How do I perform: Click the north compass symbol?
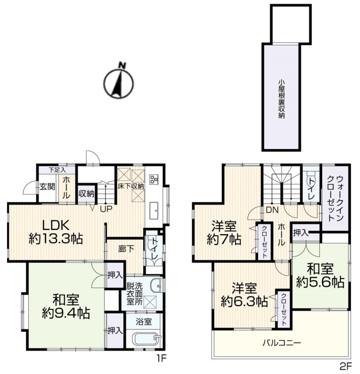click(119, 82)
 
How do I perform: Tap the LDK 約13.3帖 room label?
click(56, 232)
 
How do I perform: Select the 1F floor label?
click(161, 358)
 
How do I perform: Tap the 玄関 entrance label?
click(48, 187)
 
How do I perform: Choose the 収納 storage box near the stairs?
click(87, 194)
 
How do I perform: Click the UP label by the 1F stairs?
click(106, 209)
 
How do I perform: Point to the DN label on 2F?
click(272, 210)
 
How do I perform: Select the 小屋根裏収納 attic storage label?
click(281, 99)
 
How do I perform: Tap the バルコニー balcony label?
click(281, 343)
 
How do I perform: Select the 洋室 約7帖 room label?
click(224, 233)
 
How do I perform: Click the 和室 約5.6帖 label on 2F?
click(320, 275)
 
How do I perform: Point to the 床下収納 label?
click(131, 186)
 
